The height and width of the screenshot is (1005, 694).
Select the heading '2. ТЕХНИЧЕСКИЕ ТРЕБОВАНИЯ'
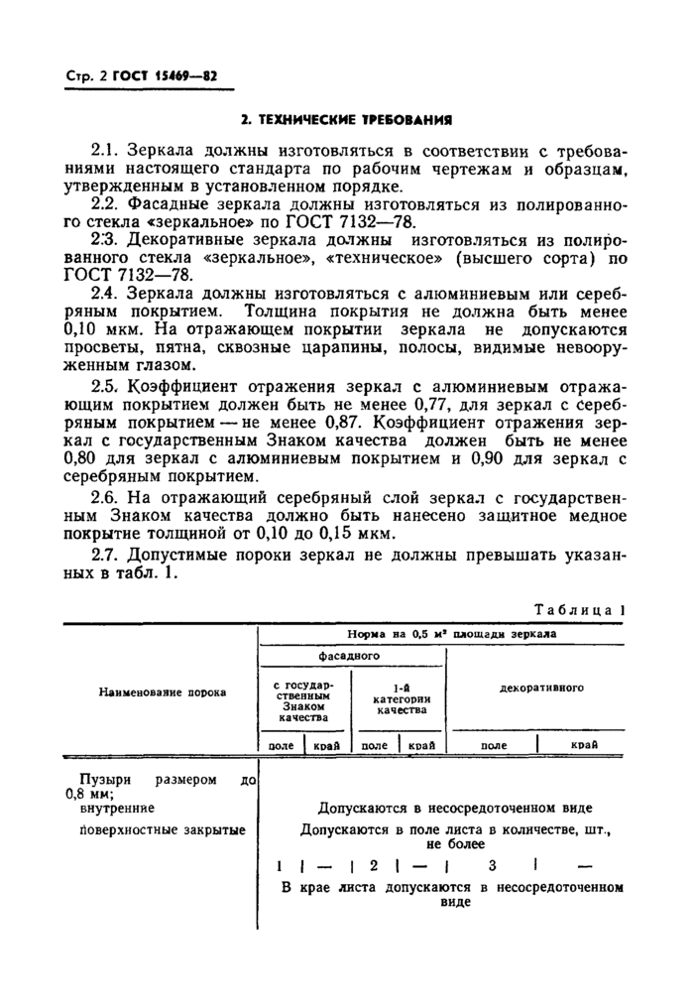click(x=347, y=120)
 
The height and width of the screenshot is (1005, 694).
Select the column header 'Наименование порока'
click(x=162, y=691)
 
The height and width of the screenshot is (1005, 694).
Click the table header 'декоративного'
click(x=540, y=686)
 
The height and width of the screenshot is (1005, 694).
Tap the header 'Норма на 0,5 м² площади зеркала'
click(x=451, y=633)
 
